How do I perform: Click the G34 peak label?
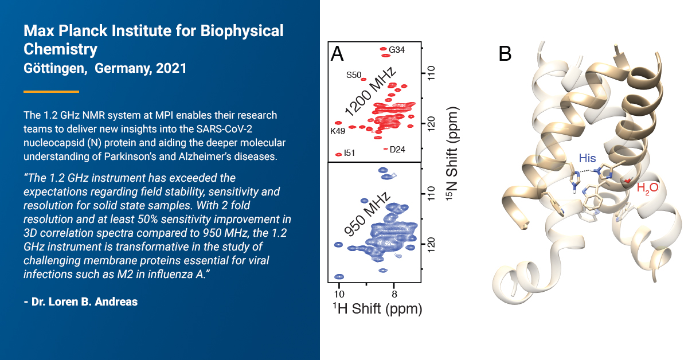[397, 50]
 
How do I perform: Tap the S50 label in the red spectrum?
[354, 75]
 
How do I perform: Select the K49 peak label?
[338, 131]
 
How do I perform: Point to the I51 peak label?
[350, 153]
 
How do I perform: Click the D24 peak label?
[397, 150]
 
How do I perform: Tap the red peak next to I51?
[338, 155]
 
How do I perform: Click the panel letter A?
[337, 54]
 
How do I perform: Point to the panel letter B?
[505, 54]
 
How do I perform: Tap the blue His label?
[587, 158]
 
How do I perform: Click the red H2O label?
[647, 187]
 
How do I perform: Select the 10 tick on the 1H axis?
[339, 294]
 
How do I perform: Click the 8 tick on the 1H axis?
[394, 294]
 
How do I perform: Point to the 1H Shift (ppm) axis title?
[377, 309]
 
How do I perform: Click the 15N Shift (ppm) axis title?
[452, 154]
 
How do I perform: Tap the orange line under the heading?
[51, 92]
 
